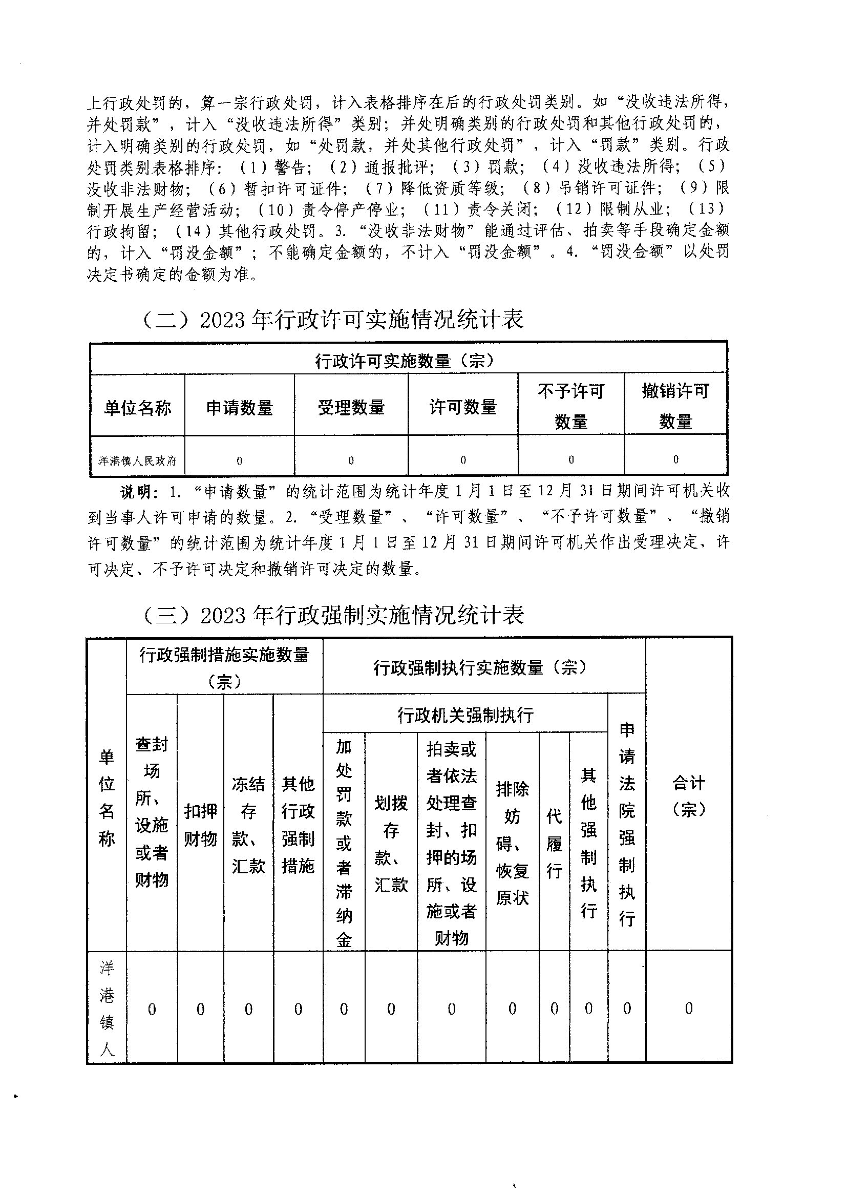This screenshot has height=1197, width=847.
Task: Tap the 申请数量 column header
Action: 239,408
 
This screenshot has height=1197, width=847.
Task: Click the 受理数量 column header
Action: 351,408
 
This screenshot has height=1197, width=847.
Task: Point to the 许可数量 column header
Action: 463,408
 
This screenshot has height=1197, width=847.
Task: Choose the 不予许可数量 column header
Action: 571,406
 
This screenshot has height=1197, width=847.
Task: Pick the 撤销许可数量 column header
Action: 675,406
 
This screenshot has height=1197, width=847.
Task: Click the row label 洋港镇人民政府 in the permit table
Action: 138,461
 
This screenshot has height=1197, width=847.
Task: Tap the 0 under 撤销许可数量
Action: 676,460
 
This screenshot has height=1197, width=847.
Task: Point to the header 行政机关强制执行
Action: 465,715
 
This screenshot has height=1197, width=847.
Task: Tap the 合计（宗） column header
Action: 688,796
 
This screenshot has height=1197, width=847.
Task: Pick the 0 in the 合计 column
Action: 688,1009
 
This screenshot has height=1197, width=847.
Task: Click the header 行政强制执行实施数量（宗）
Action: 480,667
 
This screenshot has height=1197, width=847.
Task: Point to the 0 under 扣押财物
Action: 200,1010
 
